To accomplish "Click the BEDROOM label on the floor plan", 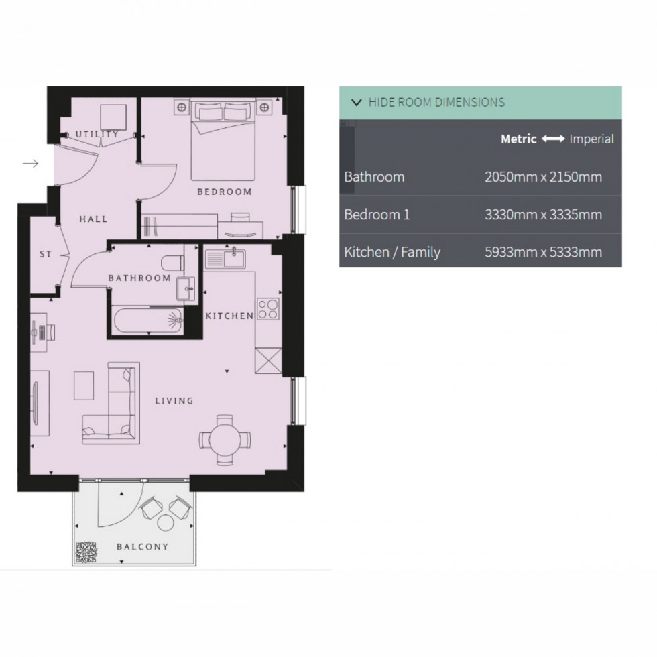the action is [x=225, y=192].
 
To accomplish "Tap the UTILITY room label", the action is [x=97, y=135].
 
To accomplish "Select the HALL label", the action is [x=93, y=219].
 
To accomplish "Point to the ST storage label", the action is [x=46, y=254].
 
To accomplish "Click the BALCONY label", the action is [x=142, y=547].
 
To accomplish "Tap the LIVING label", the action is [x=174, y=401].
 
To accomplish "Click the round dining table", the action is [x=225, y=440].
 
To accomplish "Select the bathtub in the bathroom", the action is [x=148, y=320].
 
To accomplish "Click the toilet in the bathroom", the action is [x=173, y=263].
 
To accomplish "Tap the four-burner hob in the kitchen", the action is [x=268, y=309].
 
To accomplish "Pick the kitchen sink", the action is [x=225, y=257].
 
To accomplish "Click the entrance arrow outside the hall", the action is [x=31, y=164].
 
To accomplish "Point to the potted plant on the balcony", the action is [x=86, y=552].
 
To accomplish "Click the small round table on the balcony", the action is [x=166, y=522].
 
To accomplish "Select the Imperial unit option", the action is [x=591, y=139].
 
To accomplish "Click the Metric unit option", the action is [x=519, y=139].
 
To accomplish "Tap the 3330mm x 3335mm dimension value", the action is [x=544, y=215].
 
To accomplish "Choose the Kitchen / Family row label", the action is [x=392, y=252].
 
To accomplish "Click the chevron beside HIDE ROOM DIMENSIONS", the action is [x=357, y=102].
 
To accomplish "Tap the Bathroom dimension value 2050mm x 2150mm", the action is [x=544, y=177].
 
